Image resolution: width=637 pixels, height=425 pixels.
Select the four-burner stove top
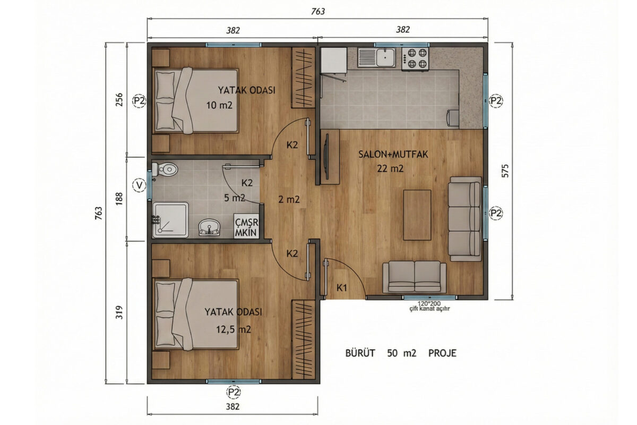pos(415,58)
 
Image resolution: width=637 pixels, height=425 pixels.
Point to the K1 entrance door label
pos(341,288)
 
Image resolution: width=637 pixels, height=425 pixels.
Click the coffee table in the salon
pos(417,215)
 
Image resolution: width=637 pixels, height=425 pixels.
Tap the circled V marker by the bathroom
pos(139,185)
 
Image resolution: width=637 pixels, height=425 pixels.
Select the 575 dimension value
pos(505,171)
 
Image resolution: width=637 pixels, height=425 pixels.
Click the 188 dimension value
pos(119,199)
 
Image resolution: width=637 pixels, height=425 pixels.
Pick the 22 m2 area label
pos(390,169)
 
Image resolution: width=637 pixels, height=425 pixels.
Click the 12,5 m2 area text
pos(234,329)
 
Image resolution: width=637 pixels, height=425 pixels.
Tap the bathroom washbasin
pos(209,227)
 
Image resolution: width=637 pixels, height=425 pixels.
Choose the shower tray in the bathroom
pos(170,220)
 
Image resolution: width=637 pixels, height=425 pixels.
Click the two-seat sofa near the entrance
pos(415,277)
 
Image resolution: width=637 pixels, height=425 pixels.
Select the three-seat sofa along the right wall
pos(465,219)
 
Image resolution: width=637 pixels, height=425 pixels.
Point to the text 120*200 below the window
pos(429,304)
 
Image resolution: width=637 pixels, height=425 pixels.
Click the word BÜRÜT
pos(360,353)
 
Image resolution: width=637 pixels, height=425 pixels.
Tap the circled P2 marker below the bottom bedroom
pos(234,392)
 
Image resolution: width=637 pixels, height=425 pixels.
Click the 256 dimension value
pos(119,100)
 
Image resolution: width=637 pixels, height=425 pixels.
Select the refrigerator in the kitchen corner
pos(334,61)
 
